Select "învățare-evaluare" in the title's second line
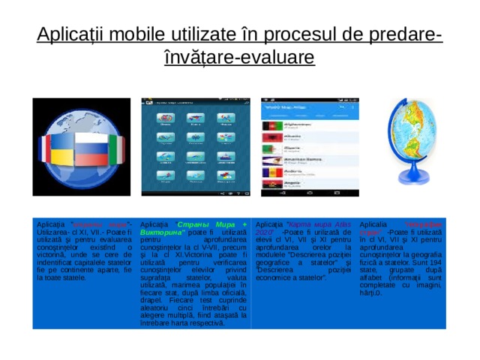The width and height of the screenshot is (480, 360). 239,57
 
